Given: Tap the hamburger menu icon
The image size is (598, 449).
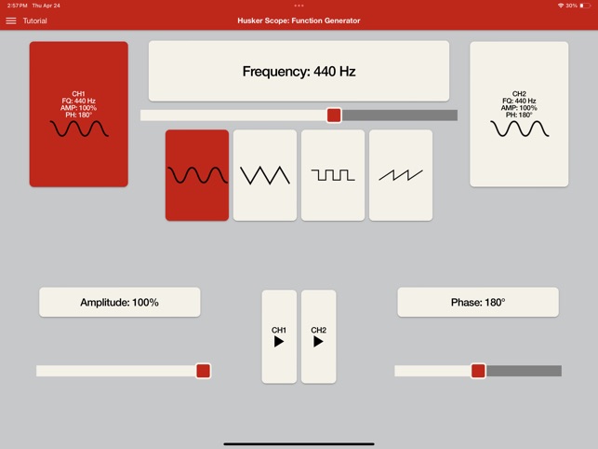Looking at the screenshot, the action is click(x=11, y=20).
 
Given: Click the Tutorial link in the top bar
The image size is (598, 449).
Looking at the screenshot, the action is click(x=34, y=20).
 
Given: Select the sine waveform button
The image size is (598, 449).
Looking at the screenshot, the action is click(x=197, y=175).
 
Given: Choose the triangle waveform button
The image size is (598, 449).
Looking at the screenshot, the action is click(x=265, y=175).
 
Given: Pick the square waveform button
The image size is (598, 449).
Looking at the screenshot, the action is click(x=333, y=175).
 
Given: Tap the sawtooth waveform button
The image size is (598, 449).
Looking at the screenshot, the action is click(x=401, y=175).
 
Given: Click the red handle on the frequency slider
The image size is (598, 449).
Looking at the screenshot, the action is click(x=334, y=115).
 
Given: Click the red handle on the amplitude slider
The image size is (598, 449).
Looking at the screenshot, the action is click(x=204, y=371).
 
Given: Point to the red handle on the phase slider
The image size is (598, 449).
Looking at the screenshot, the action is click(x=478, y=371).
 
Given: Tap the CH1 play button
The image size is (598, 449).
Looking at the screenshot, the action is click(x=279, y=336).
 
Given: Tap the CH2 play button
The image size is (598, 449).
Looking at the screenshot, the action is click(x=318, y=336).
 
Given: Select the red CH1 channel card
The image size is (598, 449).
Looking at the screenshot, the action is click(x=78, y=115).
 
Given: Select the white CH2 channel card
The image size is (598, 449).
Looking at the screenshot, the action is click(x=519, y=115).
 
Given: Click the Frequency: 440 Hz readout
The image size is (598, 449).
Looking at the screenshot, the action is click(x=299, y=71).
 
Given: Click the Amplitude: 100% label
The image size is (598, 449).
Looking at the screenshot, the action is click(x=120, y=302).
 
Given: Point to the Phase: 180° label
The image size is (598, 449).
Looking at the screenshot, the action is click(x=478, y=302).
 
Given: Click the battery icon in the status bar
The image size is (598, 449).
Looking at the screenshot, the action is click(x=585, y=6).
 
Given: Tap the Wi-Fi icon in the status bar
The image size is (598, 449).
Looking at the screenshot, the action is click(x=561, y=6).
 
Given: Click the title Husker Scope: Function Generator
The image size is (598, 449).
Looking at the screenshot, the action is click(x=299, y=20).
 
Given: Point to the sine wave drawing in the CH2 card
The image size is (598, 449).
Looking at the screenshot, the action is click(x=520, y=129).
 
